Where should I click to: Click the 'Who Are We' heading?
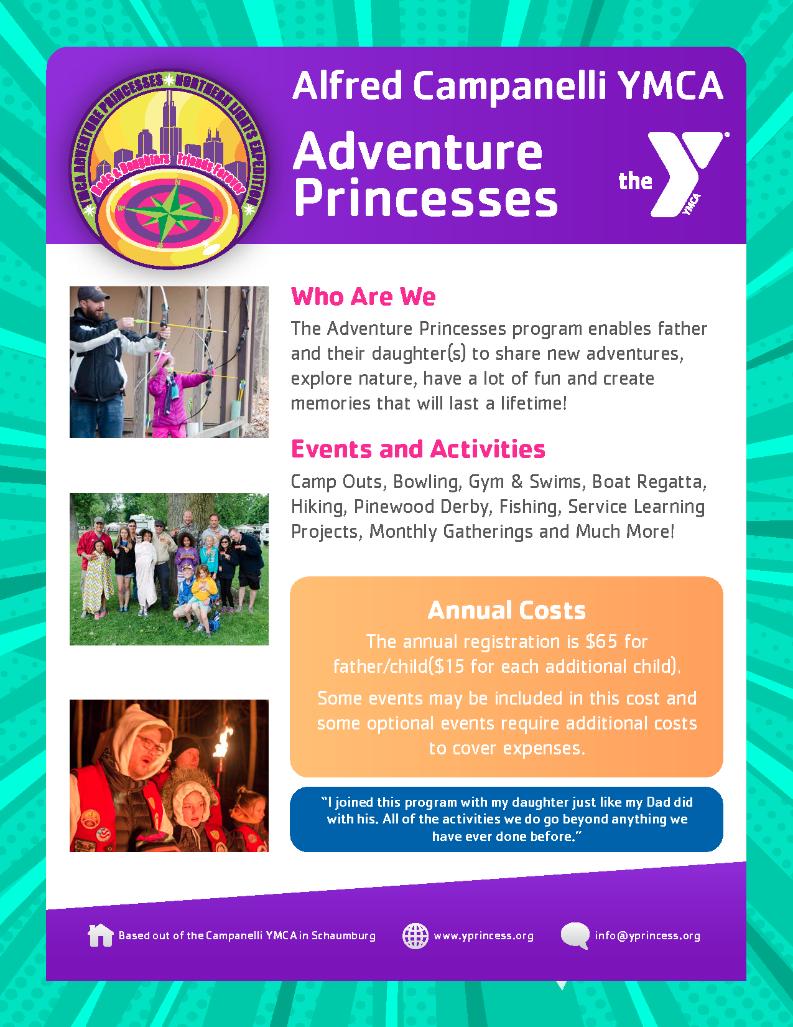363,297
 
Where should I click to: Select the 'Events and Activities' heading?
418,449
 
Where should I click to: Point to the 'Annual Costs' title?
507,610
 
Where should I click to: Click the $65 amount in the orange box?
601,642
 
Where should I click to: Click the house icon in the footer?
101,936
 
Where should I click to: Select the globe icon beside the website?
415,936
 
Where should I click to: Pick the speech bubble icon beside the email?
575,936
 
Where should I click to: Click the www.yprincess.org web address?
484,936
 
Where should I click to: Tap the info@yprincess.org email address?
647,936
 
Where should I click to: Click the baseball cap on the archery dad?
93,294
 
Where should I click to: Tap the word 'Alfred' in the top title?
347,85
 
